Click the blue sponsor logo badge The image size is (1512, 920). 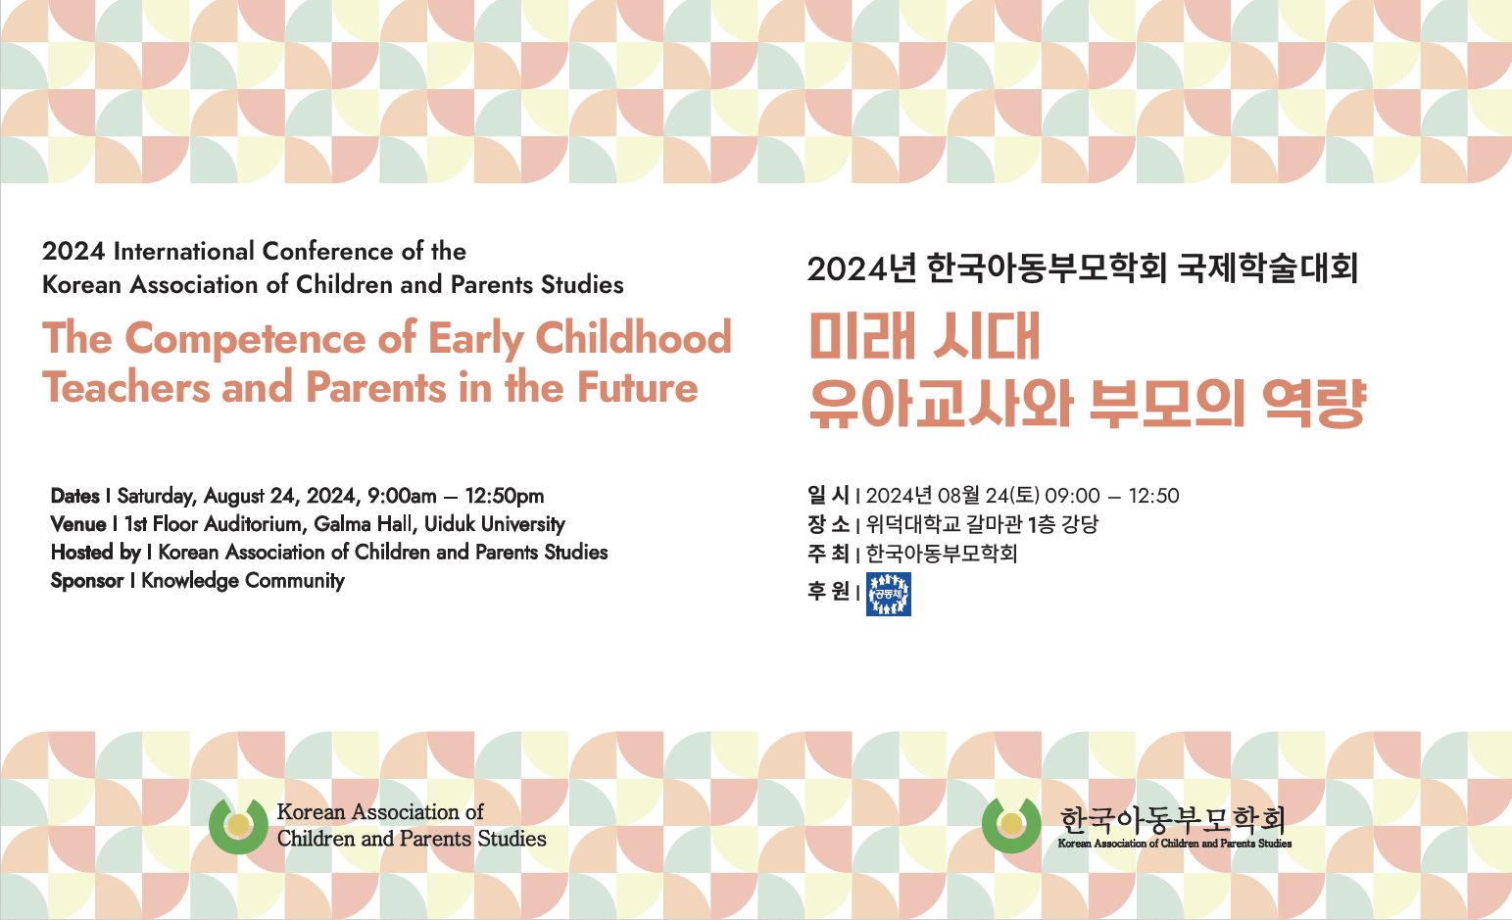(x=889, y=594)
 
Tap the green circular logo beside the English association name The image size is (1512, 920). (x=238, y=826)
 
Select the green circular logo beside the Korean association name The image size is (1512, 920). (x=1011, y=825)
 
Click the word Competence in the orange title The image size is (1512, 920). (x=246, y=339)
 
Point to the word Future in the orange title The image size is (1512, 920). (x=637, y=388)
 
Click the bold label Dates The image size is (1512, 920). (x=74, y=496)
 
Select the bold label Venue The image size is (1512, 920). (x=78, y=524)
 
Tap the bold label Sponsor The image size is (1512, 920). (x=87, y=581)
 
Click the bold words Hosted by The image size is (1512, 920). (x=96, y=553)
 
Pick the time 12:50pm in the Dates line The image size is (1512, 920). (x=505, y=496)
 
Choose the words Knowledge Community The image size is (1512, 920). (x=243, y=581)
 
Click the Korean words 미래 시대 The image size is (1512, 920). (x=925, y=336)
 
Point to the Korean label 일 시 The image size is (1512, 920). (x=828, y=496)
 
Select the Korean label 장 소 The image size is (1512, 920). (x=828, y=524)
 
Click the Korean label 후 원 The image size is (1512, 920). (x=828, y=591)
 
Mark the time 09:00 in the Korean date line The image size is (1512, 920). (x=1073, y=496)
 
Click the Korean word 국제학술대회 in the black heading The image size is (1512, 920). (x=1268, y=268)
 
